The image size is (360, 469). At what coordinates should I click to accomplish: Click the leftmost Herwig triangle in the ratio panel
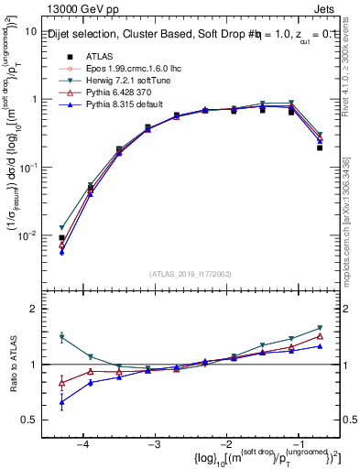61,337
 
